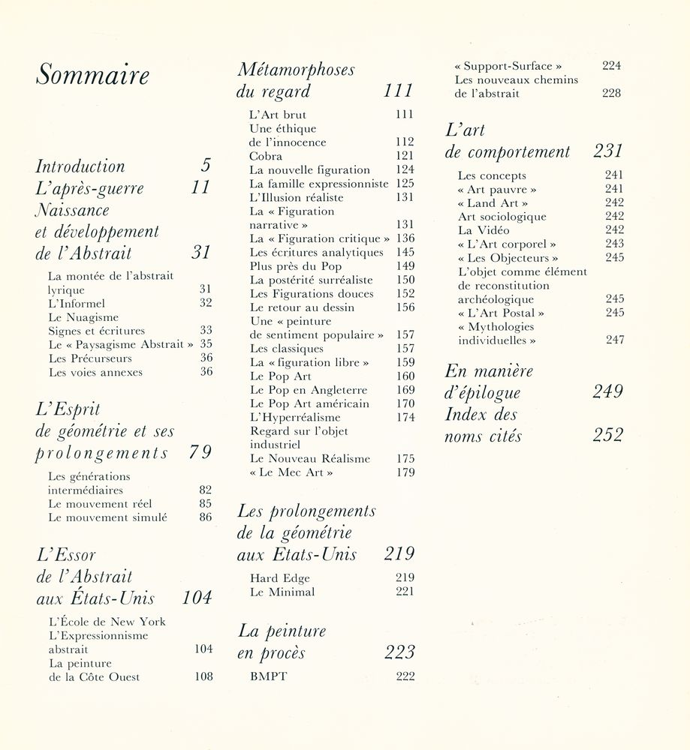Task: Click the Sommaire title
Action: (93, 76)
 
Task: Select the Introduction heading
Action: (80, 166)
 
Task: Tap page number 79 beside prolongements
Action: (200, 452)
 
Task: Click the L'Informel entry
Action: (77, 303)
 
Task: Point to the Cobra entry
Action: (266, 156)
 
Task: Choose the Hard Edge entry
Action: (279, 578)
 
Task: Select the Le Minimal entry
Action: (282, 592)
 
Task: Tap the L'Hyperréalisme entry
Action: (294, 417)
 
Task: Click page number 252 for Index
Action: (607, 436)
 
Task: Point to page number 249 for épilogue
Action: (607, 391)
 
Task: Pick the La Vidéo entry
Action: (484, 230)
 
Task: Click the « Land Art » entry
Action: (493, 203)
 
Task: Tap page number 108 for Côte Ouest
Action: (203, 676)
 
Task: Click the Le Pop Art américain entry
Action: (309, 403)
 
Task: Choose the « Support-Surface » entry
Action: (508, 66)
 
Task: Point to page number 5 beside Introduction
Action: (206, 166)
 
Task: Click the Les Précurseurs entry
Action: (90, 358)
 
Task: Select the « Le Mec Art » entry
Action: (291, 472)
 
